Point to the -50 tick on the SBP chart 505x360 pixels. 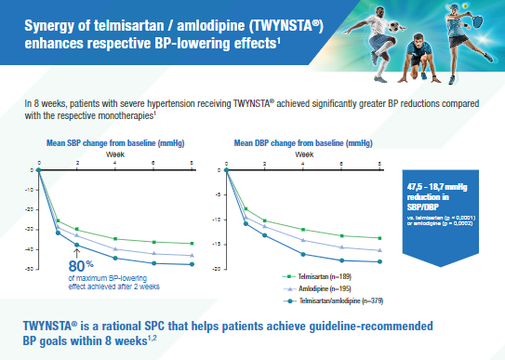pyautogui.click(x=31, y=269)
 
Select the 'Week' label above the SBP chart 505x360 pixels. pyautogui.click(x=113, y=153)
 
